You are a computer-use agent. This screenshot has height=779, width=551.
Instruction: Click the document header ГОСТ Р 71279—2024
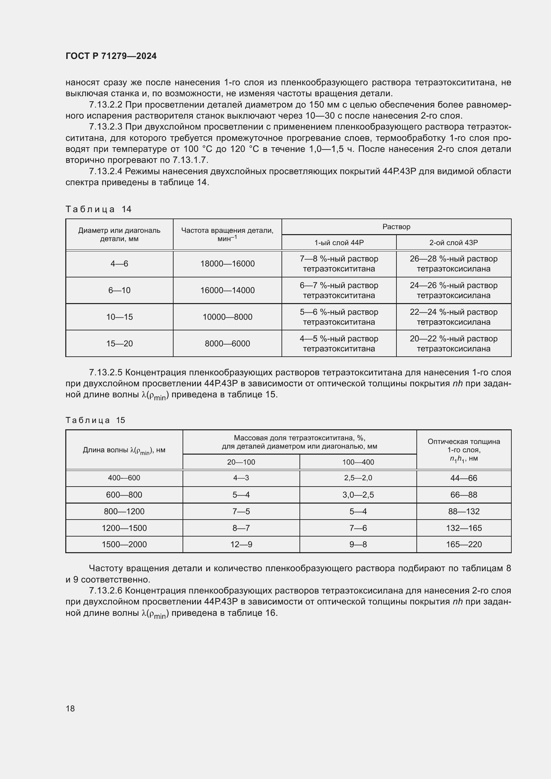tap(111, 56)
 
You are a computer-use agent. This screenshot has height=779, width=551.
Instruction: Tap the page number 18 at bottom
tap(70, 708)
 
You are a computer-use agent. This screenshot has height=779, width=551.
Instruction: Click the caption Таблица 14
tap(98, 209)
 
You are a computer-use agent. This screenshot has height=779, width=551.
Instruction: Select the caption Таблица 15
tap(95, 420)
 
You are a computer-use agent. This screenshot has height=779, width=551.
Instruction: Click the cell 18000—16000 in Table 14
tap(227, 264)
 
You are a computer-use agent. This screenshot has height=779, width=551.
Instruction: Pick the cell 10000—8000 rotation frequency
tap(227, 317)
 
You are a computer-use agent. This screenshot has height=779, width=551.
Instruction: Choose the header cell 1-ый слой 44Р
tap(338, 242)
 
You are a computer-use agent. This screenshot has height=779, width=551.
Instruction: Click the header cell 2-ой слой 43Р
tap(453, 242)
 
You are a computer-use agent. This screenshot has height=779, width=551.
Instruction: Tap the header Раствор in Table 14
tap(396, 227)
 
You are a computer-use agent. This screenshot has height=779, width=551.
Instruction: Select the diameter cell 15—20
tap(120, 343)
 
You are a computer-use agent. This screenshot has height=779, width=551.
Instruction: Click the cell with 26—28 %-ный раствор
tap(453, 264)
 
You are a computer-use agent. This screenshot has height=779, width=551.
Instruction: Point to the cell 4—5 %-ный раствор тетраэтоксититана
tap(338, 343)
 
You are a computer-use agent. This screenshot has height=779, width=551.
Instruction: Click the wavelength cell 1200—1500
tap(124, 528)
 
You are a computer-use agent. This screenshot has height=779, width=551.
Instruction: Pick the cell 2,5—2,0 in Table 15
tap(358, 478)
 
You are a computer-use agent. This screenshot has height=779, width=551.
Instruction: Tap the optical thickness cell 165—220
tap(463, 544)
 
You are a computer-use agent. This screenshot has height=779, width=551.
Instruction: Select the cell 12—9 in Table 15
tap(241, 544)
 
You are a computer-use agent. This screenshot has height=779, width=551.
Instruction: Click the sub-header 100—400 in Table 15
tap(358, 462)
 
